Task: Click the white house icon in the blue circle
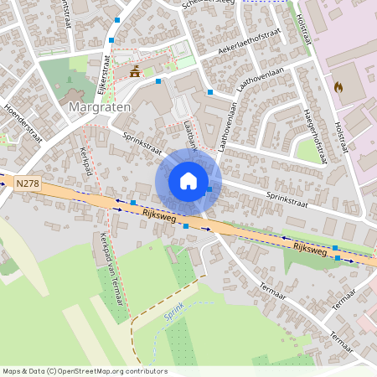coord(188,181)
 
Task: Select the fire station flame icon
coord(338,86)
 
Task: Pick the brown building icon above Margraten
coord(135,72)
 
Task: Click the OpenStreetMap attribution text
coord(85,371)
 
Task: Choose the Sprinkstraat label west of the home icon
coord(142,144)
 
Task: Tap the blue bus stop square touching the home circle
coord(209,190)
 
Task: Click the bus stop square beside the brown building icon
coord(158,81)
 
